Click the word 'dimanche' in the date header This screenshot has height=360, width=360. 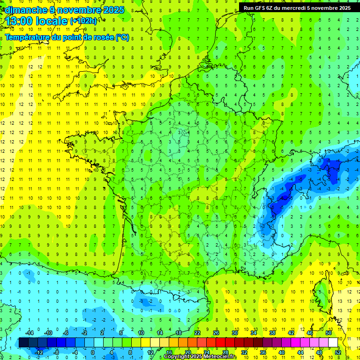point(24,10)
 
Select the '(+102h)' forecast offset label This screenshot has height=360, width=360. point(83,21)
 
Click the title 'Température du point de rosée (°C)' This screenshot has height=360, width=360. point(67,37)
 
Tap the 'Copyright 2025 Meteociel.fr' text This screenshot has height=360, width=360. point(201,357)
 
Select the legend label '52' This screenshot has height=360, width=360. point(338,352)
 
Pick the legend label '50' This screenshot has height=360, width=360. point(329,333)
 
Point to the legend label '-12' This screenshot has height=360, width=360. point(39,352)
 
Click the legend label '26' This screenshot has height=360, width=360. point(216,333)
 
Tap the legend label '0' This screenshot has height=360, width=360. point(92,352)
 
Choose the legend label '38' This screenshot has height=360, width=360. point(272,333)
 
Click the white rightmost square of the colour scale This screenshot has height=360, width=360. point(333,343)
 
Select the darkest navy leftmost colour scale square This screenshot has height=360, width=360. point(23,343)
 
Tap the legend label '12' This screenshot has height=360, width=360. point(150,352)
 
